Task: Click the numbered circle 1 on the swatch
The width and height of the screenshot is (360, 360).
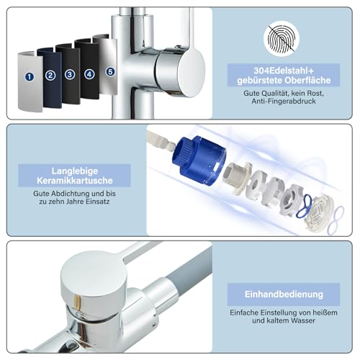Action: click(30, 76)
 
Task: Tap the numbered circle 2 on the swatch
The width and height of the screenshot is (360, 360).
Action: click(50, 75)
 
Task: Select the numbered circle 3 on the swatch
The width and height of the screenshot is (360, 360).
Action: click(70, 74)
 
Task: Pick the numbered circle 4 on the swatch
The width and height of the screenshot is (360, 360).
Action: click(90, 73)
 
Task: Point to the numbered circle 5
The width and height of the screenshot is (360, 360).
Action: click(109, 71)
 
